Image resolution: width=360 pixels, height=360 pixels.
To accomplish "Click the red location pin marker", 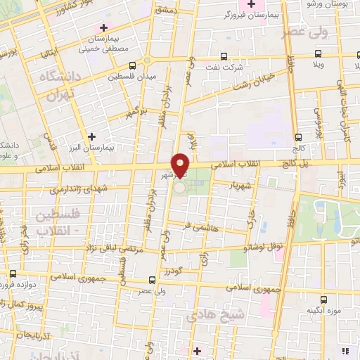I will [x=181, y=165].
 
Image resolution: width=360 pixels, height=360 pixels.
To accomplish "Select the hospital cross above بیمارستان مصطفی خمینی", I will [x=103, y=27].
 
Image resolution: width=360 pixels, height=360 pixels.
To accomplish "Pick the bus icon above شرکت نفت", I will [x=224, y=56].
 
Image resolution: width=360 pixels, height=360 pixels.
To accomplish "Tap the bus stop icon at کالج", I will [x=299, y=137].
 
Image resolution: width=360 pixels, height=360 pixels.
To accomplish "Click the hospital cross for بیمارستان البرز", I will [x=91, y=136].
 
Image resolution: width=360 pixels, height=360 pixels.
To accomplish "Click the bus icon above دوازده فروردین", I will [x=12, y=274].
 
